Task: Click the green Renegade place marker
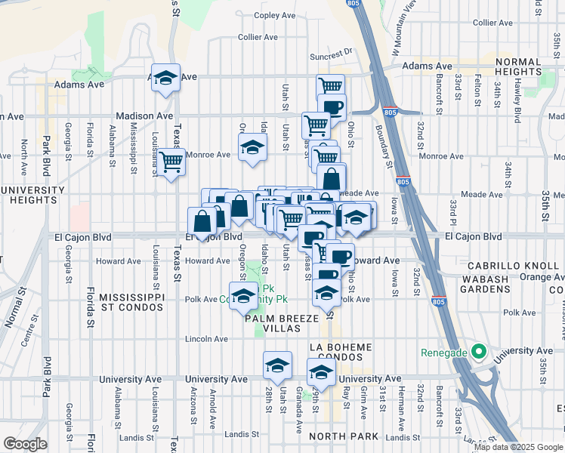point(477,352)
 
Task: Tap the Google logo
point(25,444)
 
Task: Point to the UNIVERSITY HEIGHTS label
point(32,195)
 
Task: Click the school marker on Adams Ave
point(165,77)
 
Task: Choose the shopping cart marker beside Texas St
point(172,161)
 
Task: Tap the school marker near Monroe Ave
point(252,147)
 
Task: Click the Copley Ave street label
point(275,15)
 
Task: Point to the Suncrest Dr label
point(331,54)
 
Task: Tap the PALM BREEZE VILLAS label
point(282,323)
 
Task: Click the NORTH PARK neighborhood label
point(337,436)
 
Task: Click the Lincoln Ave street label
point(206,339)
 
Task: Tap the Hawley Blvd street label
point(518,102)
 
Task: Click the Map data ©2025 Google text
point(517,447)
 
